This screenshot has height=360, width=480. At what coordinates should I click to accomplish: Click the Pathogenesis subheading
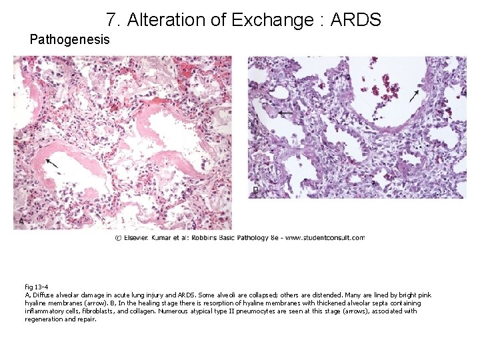tap(70, 39)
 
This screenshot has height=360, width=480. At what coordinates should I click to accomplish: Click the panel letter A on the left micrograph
tap(21, 221)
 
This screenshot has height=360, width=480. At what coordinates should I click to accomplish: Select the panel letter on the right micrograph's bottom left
tap(255, 191)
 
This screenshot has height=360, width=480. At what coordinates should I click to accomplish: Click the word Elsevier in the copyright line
tap(137, 238)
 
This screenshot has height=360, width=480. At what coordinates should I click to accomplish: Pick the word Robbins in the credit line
tap(211, 238)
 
